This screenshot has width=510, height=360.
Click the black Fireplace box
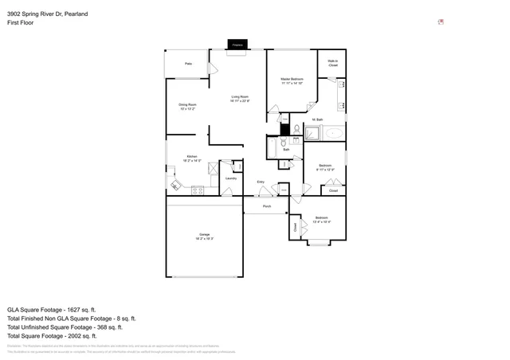pyautogui.click(x=237, y=45)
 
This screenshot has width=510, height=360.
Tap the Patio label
pyautogui.click(x=189, y=63)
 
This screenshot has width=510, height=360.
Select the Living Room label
pyautogui.click(x=241, y=96)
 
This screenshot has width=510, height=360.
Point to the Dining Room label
pyautogui.click(x=187, y=104)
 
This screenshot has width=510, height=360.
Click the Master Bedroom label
pyautogui.click(x=292, y=80)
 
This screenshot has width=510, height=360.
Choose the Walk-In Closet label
pyautogui.click(x=333, y=63)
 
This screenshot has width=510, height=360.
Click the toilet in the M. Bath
pyautogui.click(x=295, y=129)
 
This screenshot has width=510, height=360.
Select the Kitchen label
pyautogui.click(x=192, y=156)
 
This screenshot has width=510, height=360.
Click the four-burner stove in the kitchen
pyautogui.click(x=197, y=190)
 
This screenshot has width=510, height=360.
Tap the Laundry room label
pyautogui.click(x=230, y=178)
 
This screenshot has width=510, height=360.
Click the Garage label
pyautogui.click(x=204, y=233)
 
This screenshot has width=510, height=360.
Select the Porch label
pyautogui.click(x=267, y=206)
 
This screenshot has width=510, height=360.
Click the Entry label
pyautogui.click(x=261, y=182)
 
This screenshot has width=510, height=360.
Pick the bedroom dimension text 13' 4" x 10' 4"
pyautogui.click(x=321, y=221)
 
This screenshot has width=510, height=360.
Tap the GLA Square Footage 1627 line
pyautogui.click(x=51, y=309)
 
